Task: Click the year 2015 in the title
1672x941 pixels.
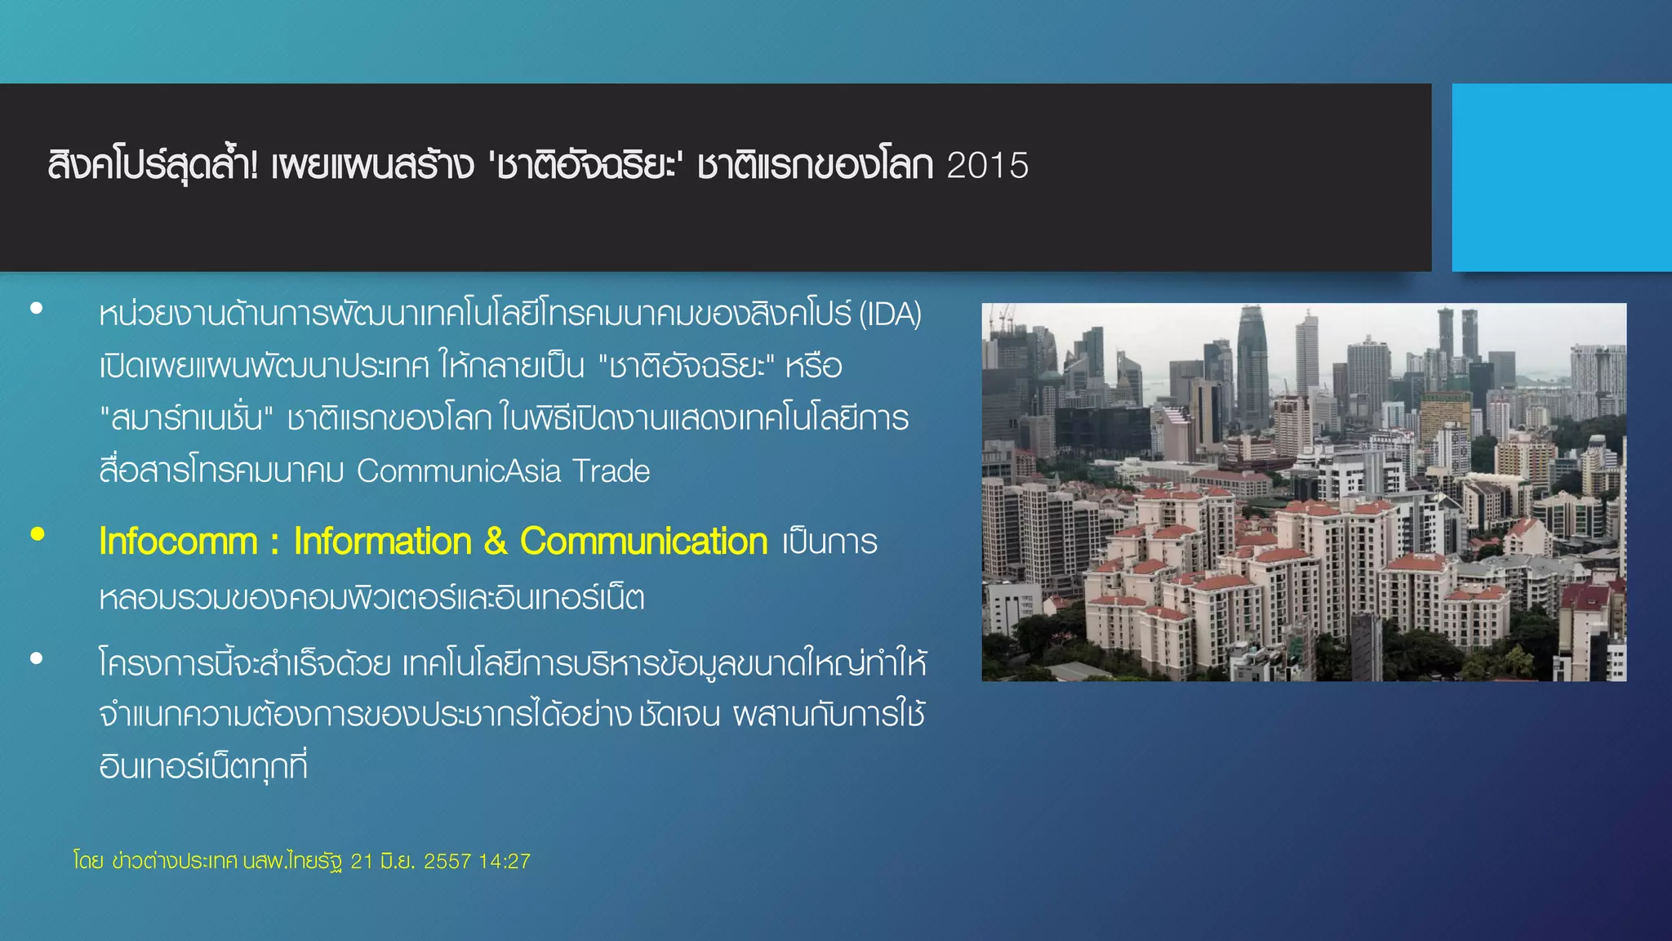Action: (988, 166)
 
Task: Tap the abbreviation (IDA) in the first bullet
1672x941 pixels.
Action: (890, 314)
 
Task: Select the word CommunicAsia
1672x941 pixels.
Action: (459, 471)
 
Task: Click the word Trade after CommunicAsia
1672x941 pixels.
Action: (611, 471)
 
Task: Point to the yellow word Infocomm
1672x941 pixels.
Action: (178, 542)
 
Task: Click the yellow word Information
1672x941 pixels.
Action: (382, 542)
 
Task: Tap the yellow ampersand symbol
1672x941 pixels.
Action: (495, 542)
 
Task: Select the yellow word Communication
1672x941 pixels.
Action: (643, 542)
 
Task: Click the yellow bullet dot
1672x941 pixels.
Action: (37, 534)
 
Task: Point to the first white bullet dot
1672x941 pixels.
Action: (36, 309)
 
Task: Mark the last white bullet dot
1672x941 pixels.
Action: (36, 658)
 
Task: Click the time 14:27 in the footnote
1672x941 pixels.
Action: (505, 862)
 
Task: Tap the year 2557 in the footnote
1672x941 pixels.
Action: (447, 862)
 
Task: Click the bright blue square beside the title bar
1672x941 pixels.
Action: (1561, 177)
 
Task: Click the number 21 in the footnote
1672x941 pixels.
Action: (362, 862)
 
